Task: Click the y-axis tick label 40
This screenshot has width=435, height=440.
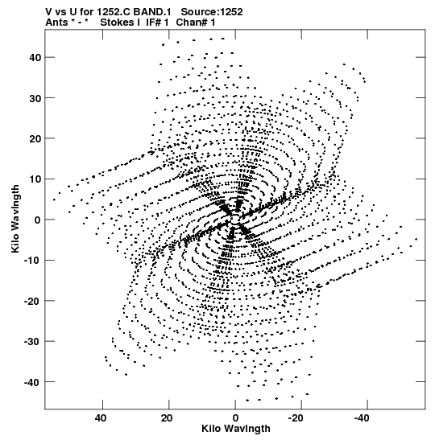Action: click(35, 58)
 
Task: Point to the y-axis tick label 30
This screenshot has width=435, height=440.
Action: click(35, 98)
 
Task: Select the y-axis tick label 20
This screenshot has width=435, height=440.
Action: click(35, 138)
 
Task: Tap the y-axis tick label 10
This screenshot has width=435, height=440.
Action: click(35, 179)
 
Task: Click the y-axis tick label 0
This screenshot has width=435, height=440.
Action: click(38, 220)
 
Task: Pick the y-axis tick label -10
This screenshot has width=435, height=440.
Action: click(32, 261)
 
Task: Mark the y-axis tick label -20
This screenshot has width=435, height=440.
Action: click(32, 301)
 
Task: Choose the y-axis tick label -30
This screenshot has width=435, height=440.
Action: click(32, 342)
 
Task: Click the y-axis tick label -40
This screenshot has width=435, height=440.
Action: click(32, 382)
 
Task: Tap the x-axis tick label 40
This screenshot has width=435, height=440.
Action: click(101, 418)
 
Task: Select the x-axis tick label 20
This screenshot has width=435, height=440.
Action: click(167, 418)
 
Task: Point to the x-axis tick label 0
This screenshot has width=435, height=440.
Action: click(235, 418)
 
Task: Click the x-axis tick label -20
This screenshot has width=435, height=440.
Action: click(296, 418)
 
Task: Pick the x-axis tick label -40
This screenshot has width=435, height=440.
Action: click(362, 418)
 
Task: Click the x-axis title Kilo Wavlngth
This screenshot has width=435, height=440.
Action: click(236, 429)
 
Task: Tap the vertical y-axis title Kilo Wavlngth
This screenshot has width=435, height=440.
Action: click(15, 219)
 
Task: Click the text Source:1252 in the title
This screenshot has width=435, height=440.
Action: click(212, 12)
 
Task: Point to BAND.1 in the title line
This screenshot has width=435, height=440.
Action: click(152, 12)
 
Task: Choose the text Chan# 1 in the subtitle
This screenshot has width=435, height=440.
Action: click(196, 23)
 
